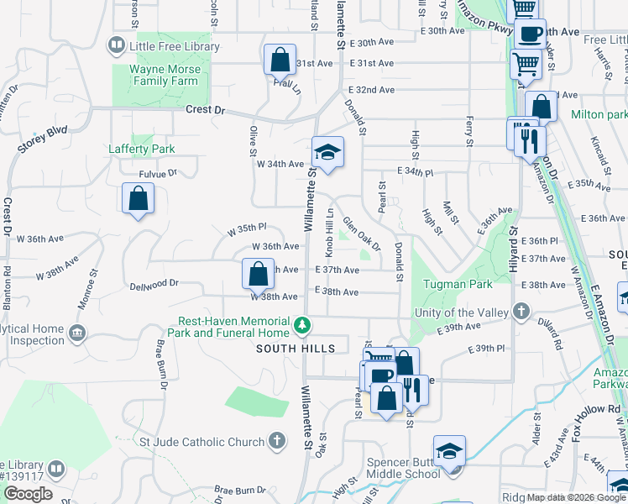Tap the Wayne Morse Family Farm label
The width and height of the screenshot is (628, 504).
pyautogui.click(x=165, y=75)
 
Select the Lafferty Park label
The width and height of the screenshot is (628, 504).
pyautogui.click(x=142, y=149)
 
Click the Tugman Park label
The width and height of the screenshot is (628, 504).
pyautogui.click(x=458, y=284)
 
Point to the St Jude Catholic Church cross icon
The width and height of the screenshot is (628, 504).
pyautogui.click(x=277, y=441)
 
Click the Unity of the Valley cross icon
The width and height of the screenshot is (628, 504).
pyautogui.click(x=522, y=312)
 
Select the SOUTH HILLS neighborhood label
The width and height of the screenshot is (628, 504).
pyautogui.click(x=296, y=348)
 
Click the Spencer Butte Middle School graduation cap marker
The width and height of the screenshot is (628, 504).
pyautogui.click(x=449, y=452)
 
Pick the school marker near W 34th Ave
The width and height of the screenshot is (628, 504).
pyautogui.click(x=328, y=153)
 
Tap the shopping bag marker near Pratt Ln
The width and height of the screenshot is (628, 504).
pyautogui.click(x=280, y=60)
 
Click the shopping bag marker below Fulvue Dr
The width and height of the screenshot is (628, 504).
pyautogui.click(x=138, y=200)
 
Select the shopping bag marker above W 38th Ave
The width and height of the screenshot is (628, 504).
pyautogui.click(x=258, y=274)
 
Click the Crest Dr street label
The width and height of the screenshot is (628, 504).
pyautogui.click(x=206, y=110)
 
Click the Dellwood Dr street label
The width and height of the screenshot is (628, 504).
pyautogui.click(x=154, y=285)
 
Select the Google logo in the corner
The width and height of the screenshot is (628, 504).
pyautogui.click(x=28, y=494)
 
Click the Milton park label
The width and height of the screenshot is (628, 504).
pyautogui.click(x=599, y=114)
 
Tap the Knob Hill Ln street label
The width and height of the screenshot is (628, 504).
pyautogui.click(x=331, y=230)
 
